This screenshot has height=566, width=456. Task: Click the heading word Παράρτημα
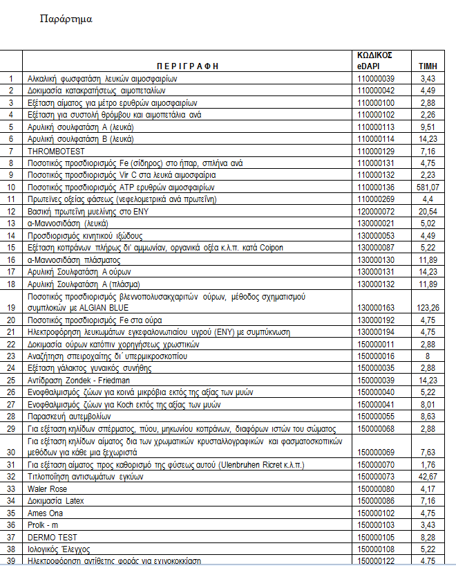[x=67, y=19]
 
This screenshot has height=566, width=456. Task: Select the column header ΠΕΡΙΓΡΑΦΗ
[x=188, y=66]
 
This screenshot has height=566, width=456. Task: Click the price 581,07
[x=428, y=188]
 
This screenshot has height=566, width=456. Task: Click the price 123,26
[x=428, y=307]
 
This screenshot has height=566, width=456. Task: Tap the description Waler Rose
[x=47, y=489]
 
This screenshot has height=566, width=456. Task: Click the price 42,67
[x=428, y=477]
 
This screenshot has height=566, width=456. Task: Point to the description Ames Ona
[x=46, y=513]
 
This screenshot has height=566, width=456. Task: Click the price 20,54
[x=428, y=211]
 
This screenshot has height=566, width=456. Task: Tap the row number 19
[x=10, y=307]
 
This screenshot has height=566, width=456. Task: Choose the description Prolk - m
[x=44, y=524]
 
